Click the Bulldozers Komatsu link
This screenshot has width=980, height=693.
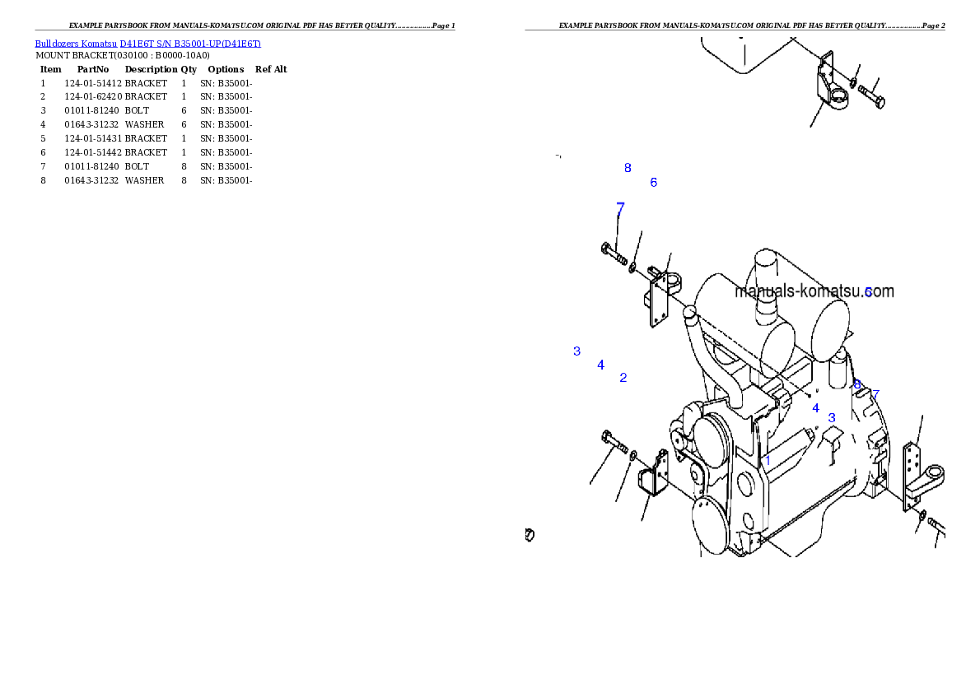[76, 44]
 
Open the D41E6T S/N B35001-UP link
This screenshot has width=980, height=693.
[190, 44]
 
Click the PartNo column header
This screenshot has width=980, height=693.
[93, 69]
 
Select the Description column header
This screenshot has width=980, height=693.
[151, 69]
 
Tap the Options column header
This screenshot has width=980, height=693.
[226, 69]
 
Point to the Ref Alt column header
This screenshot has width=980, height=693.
[271, 69]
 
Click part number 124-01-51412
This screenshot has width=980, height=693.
[93, 83]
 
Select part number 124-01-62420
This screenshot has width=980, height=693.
[93, 96]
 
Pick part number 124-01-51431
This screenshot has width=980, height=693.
[93, 138]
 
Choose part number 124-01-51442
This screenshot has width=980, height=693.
[93, 151]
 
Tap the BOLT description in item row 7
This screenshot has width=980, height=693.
[137, 166]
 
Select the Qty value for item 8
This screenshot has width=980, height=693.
[184, 180]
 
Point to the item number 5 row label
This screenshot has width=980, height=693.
[43, 138]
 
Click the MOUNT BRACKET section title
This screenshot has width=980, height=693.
[123, 56]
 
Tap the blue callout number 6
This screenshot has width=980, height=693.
[654, 183]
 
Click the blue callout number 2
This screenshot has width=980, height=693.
[623, 378]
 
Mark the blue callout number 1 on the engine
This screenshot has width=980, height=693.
[768, 461]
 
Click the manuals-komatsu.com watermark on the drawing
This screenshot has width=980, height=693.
[814, 291]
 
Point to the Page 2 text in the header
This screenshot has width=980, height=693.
[934, 26]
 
